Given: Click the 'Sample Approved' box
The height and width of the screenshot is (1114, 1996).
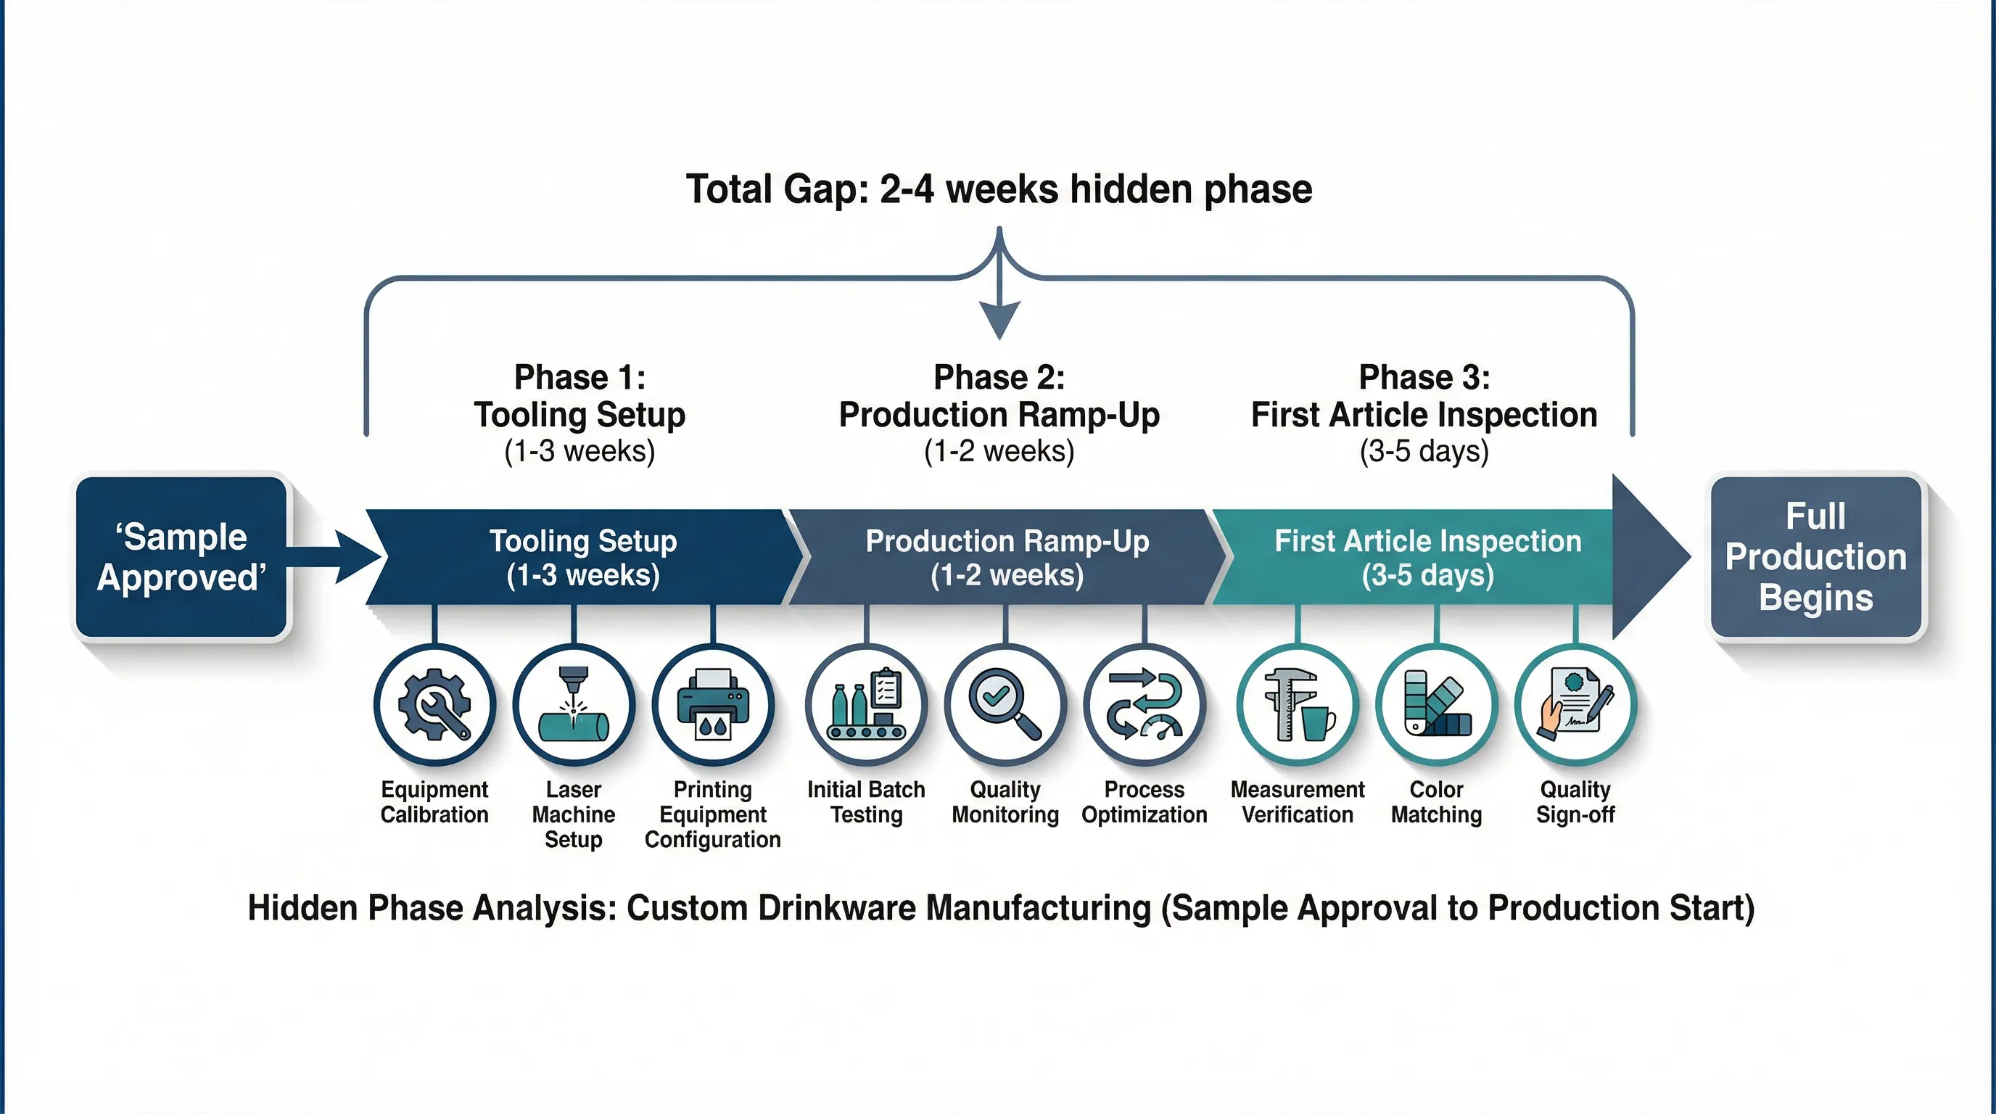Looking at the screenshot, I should (x=181, y=557).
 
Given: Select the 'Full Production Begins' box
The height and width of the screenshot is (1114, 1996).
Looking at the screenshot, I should (x=1815, y=557).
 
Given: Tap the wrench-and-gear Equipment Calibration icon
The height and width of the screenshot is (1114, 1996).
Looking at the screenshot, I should (x=434, y=705).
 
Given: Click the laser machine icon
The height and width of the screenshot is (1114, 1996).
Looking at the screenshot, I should (x=574, y=705).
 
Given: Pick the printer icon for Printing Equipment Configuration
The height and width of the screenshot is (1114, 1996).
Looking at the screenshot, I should (x=713, y=705).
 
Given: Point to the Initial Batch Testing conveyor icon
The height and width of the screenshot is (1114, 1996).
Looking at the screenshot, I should (x=866, y=705).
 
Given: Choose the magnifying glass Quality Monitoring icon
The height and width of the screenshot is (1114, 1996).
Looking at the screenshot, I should (x=1005, y=705).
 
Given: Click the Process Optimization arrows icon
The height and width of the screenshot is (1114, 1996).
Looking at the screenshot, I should (x=1145, y=705).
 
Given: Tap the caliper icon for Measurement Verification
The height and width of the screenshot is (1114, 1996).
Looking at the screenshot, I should (x=1297, y=705).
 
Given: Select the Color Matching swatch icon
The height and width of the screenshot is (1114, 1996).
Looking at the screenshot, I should (x=1437, y=705).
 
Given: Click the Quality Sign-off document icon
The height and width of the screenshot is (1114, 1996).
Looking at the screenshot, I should (x=1575, y=705).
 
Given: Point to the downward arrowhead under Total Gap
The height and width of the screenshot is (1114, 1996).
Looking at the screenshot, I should (x=999, y=319).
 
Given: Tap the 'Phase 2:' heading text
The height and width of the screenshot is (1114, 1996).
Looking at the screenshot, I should (x=999, y=377).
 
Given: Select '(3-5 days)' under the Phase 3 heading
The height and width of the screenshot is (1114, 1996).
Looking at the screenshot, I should (x=1424, y=451).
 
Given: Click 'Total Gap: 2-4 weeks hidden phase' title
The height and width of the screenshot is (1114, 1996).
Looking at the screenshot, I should (x=999, y=189).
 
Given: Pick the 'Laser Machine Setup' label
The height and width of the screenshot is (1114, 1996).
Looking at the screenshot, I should (x=574, y=814).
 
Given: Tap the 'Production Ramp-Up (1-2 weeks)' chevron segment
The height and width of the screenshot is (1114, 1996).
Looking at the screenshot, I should (x=1007, y=557).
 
